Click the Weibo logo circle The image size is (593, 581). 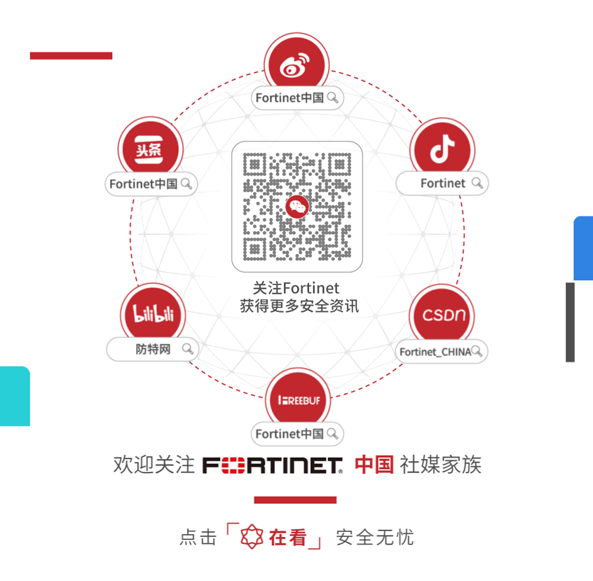coord(297,64)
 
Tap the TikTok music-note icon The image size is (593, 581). coord(442,149)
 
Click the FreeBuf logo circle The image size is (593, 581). coord(297,399)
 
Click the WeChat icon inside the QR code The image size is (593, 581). coord(297,207)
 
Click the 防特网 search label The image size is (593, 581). coord(153,349)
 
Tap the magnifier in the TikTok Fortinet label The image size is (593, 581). coord(477,183)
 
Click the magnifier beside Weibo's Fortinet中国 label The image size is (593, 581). coord(333,97)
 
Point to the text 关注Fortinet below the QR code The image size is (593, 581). coord(296,288)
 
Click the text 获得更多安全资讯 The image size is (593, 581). coord(297,306)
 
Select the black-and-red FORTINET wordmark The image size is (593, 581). coord(273,465)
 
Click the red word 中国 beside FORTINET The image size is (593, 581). coord(374,465)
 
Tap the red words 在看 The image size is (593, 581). coord(288,538)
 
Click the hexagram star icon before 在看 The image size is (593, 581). coord(252,538)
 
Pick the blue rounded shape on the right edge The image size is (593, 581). coord(583,248)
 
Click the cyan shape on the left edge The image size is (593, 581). coord(14,396)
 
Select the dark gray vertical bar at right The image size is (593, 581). coord(570,322)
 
